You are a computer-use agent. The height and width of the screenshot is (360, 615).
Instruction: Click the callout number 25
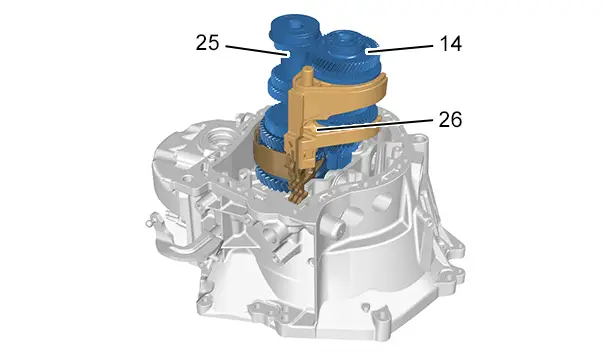point(207,43)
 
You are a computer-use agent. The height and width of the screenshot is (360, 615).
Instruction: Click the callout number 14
point(451,44)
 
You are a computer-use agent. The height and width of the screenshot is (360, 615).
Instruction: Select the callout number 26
point(450,119)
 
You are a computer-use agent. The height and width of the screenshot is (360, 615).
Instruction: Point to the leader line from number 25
point(257,50)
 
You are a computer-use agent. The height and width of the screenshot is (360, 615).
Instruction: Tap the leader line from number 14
point(400,48)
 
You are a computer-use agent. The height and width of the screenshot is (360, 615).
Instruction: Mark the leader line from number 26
point(375,125)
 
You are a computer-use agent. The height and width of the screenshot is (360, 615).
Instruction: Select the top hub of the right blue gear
point(345,41)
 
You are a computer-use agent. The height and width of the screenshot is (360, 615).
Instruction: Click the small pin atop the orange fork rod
point(308,72)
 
